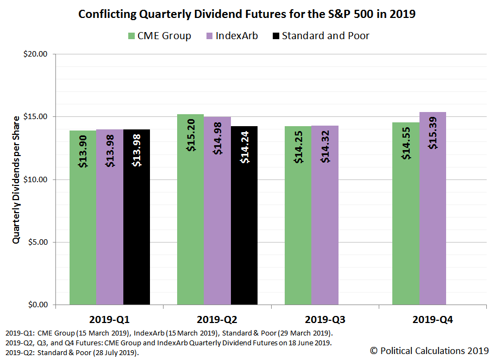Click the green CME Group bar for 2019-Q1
83,218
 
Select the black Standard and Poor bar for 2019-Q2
244,218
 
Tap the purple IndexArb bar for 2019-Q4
433,218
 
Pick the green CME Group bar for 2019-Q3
298,218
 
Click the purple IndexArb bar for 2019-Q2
217,218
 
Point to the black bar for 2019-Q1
136,218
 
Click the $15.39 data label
433,133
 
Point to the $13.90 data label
83,152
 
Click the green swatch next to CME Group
131,36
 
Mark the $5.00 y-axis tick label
37,243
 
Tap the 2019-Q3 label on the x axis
324,320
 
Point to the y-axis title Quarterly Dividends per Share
16,179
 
